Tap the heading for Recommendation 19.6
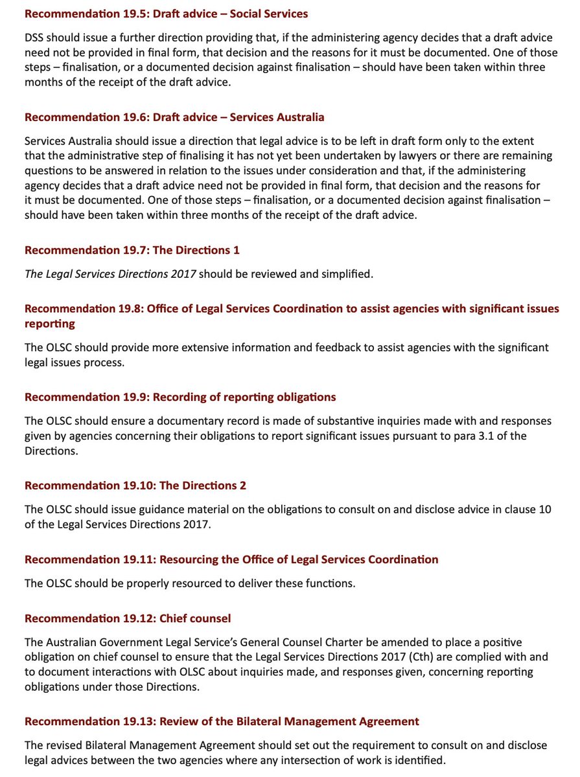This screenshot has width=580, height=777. click(x=174, y=117)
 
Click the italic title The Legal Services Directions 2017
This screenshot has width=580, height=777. click(x=111, y=274)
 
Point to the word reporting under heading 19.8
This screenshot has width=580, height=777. click(x=50, y=323)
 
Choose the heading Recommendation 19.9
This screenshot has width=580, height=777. click(x=180, y=396)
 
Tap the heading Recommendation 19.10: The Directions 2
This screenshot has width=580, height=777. click(x=135, y=485)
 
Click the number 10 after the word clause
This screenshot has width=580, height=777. click(x=545, y=509)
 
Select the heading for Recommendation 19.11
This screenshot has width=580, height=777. click(x=231, y=559)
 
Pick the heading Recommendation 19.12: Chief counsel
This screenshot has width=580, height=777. click(x=128, y=618)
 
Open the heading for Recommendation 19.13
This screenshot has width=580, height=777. click(x=222, y=721)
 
